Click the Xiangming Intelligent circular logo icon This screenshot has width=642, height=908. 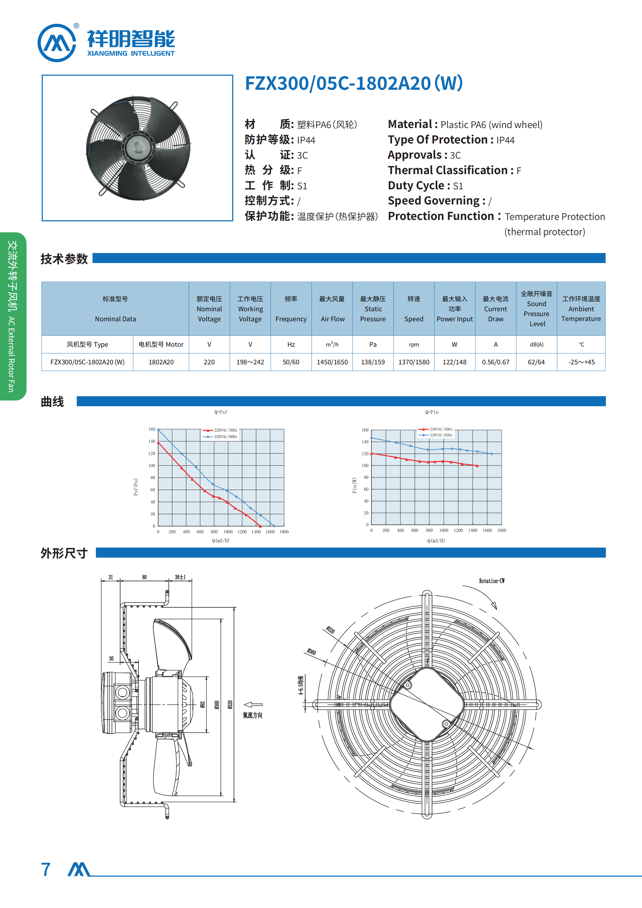click(x=56, y=43)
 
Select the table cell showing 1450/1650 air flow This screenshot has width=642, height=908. click(x=332, y=362)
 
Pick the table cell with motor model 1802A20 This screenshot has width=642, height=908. click(x=161, y=362)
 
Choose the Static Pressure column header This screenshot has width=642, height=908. click(x=373, y=309)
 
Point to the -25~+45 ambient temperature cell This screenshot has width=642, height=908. click(x=581, y=362)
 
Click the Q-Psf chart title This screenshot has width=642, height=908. click(x=221, y=412)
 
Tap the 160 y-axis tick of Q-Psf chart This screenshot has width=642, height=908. click(x=152, y=429)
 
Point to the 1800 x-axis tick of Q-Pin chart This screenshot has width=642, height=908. click(x=502, y=530)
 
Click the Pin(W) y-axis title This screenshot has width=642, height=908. click(x=354, y=485)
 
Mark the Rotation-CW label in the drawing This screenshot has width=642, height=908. click(x=492, y=581)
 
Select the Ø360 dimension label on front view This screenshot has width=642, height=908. click(x=312, y=652)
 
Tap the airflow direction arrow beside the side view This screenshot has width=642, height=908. click(x=253, y=704)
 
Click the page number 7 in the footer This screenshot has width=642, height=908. click(x=46, y=869)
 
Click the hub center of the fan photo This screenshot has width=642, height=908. click(x=138, y=147)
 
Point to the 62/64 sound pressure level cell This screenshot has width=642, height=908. click(x=536, y=362)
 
